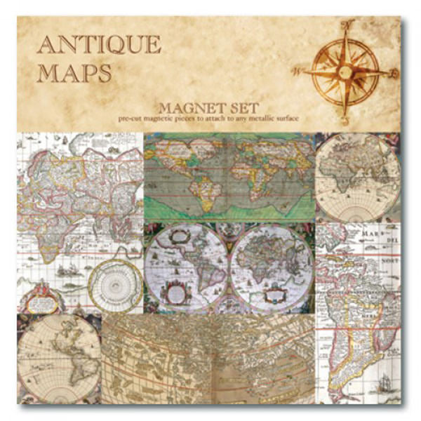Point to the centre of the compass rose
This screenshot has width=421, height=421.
coord(344,70)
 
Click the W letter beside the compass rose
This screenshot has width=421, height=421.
coord(297,71)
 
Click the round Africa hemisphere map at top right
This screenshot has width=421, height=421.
coord(358,175)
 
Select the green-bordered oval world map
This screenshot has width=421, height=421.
coord(229,175)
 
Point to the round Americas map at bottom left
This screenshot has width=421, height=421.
coord(58,359)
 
